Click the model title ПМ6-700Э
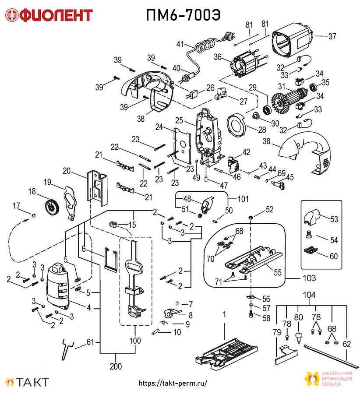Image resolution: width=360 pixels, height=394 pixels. [183, 15]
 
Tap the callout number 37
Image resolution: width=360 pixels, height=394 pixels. [332, 36]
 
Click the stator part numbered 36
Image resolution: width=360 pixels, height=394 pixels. [244, 65]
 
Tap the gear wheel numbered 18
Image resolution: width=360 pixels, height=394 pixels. [52, 208]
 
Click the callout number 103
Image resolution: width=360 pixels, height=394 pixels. [309, 278]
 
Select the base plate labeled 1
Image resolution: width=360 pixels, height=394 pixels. [226, 354]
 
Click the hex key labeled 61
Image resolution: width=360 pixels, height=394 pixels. [67, 349]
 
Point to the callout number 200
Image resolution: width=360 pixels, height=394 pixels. [116, 366]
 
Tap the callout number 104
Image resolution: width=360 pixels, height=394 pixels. [309, 295]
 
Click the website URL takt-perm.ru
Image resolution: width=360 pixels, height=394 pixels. [173, 383]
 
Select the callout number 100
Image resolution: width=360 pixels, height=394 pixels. [135, 341]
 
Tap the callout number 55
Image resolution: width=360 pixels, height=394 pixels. [277, 272]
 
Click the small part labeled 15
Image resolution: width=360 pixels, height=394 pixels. [113, 224]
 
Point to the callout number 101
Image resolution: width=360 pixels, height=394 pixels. [243, 199]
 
